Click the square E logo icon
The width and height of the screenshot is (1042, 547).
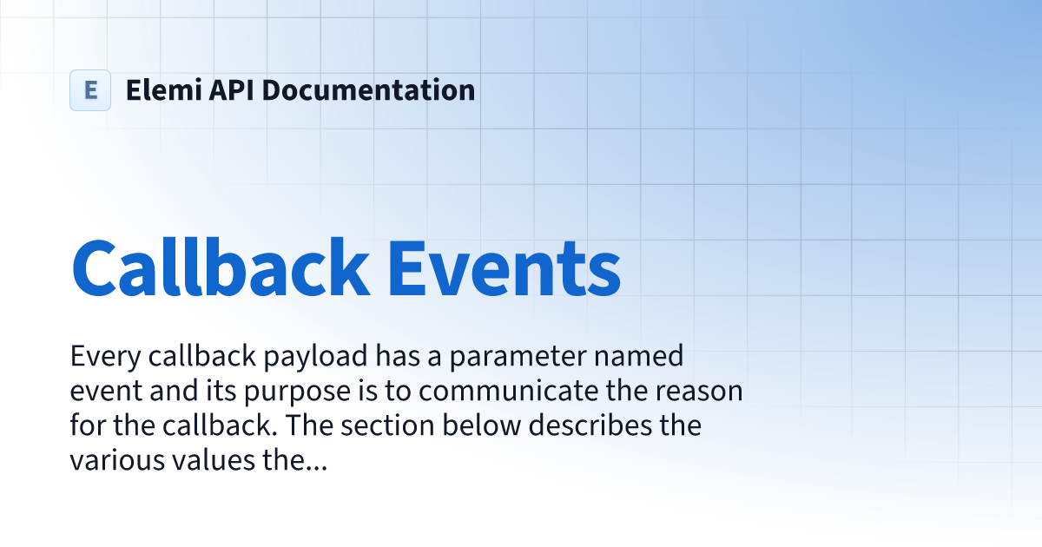(90, 90)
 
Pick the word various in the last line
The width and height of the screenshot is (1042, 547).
(110, 461)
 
